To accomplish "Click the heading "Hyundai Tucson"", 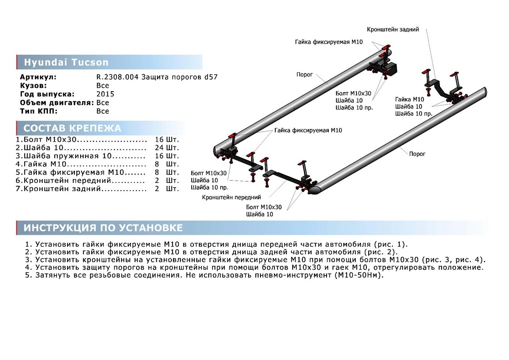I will click(66, 62).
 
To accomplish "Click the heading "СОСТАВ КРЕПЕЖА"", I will click(72, 128).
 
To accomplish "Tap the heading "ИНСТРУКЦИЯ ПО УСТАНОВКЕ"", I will click(103, 228).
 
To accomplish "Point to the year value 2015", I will click(105, 94).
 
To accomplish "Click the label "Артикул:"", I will click(38, 77).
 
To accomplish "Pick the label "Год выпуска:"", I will click(47, 94).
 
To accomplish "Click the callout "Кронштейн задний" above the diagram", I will click(393, 30).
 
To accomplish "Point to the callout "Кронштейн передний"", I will click(232, 197).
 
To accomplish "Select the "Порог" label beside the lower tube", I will click(417, 154).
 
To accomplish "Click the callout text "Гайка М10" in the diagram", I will click(409, 99).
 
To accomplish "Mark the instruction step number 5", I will click(28, 276).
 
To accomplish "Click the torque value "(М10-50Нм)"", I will click(358, 276).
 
